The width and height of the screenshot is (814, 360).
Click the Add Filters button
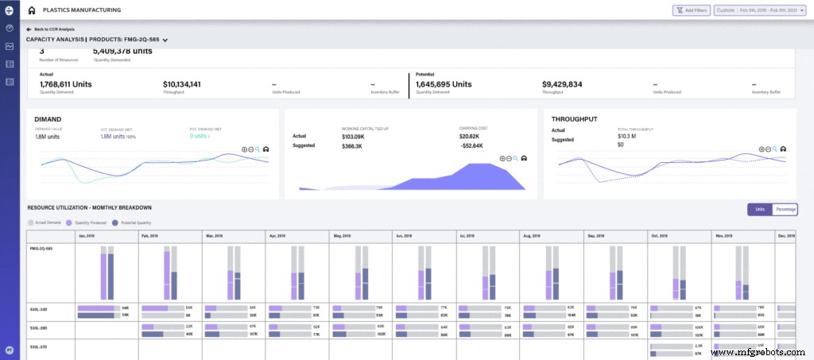coord(691,10)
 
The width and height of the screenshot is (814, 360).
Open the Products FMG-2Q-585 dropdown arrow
coord(165,40)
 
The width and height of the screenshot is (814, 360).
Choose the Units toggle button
coord(759,209)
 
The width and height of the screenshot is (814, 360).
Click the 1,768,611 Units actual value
coord(66,83)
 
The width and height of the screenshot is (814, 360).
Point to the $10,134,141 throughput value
coord(181,83)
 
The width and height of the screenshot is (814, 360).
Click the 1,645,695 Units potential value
coord(444,83)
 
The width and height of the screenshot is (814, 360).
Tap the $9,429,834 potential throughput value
coord(562,83)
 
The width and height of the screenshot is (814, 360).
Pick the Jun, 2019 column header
coord(404,236)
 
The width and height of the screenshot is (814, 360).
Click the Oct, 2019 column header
coord(659,236)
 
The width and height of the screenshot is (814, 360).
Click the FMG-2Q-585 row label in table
coord(41,248)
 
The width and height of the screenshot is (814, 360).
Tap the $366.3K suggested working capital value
coord(353,146)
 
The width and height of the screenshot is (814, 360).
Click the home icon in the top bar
coord(31,10)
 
